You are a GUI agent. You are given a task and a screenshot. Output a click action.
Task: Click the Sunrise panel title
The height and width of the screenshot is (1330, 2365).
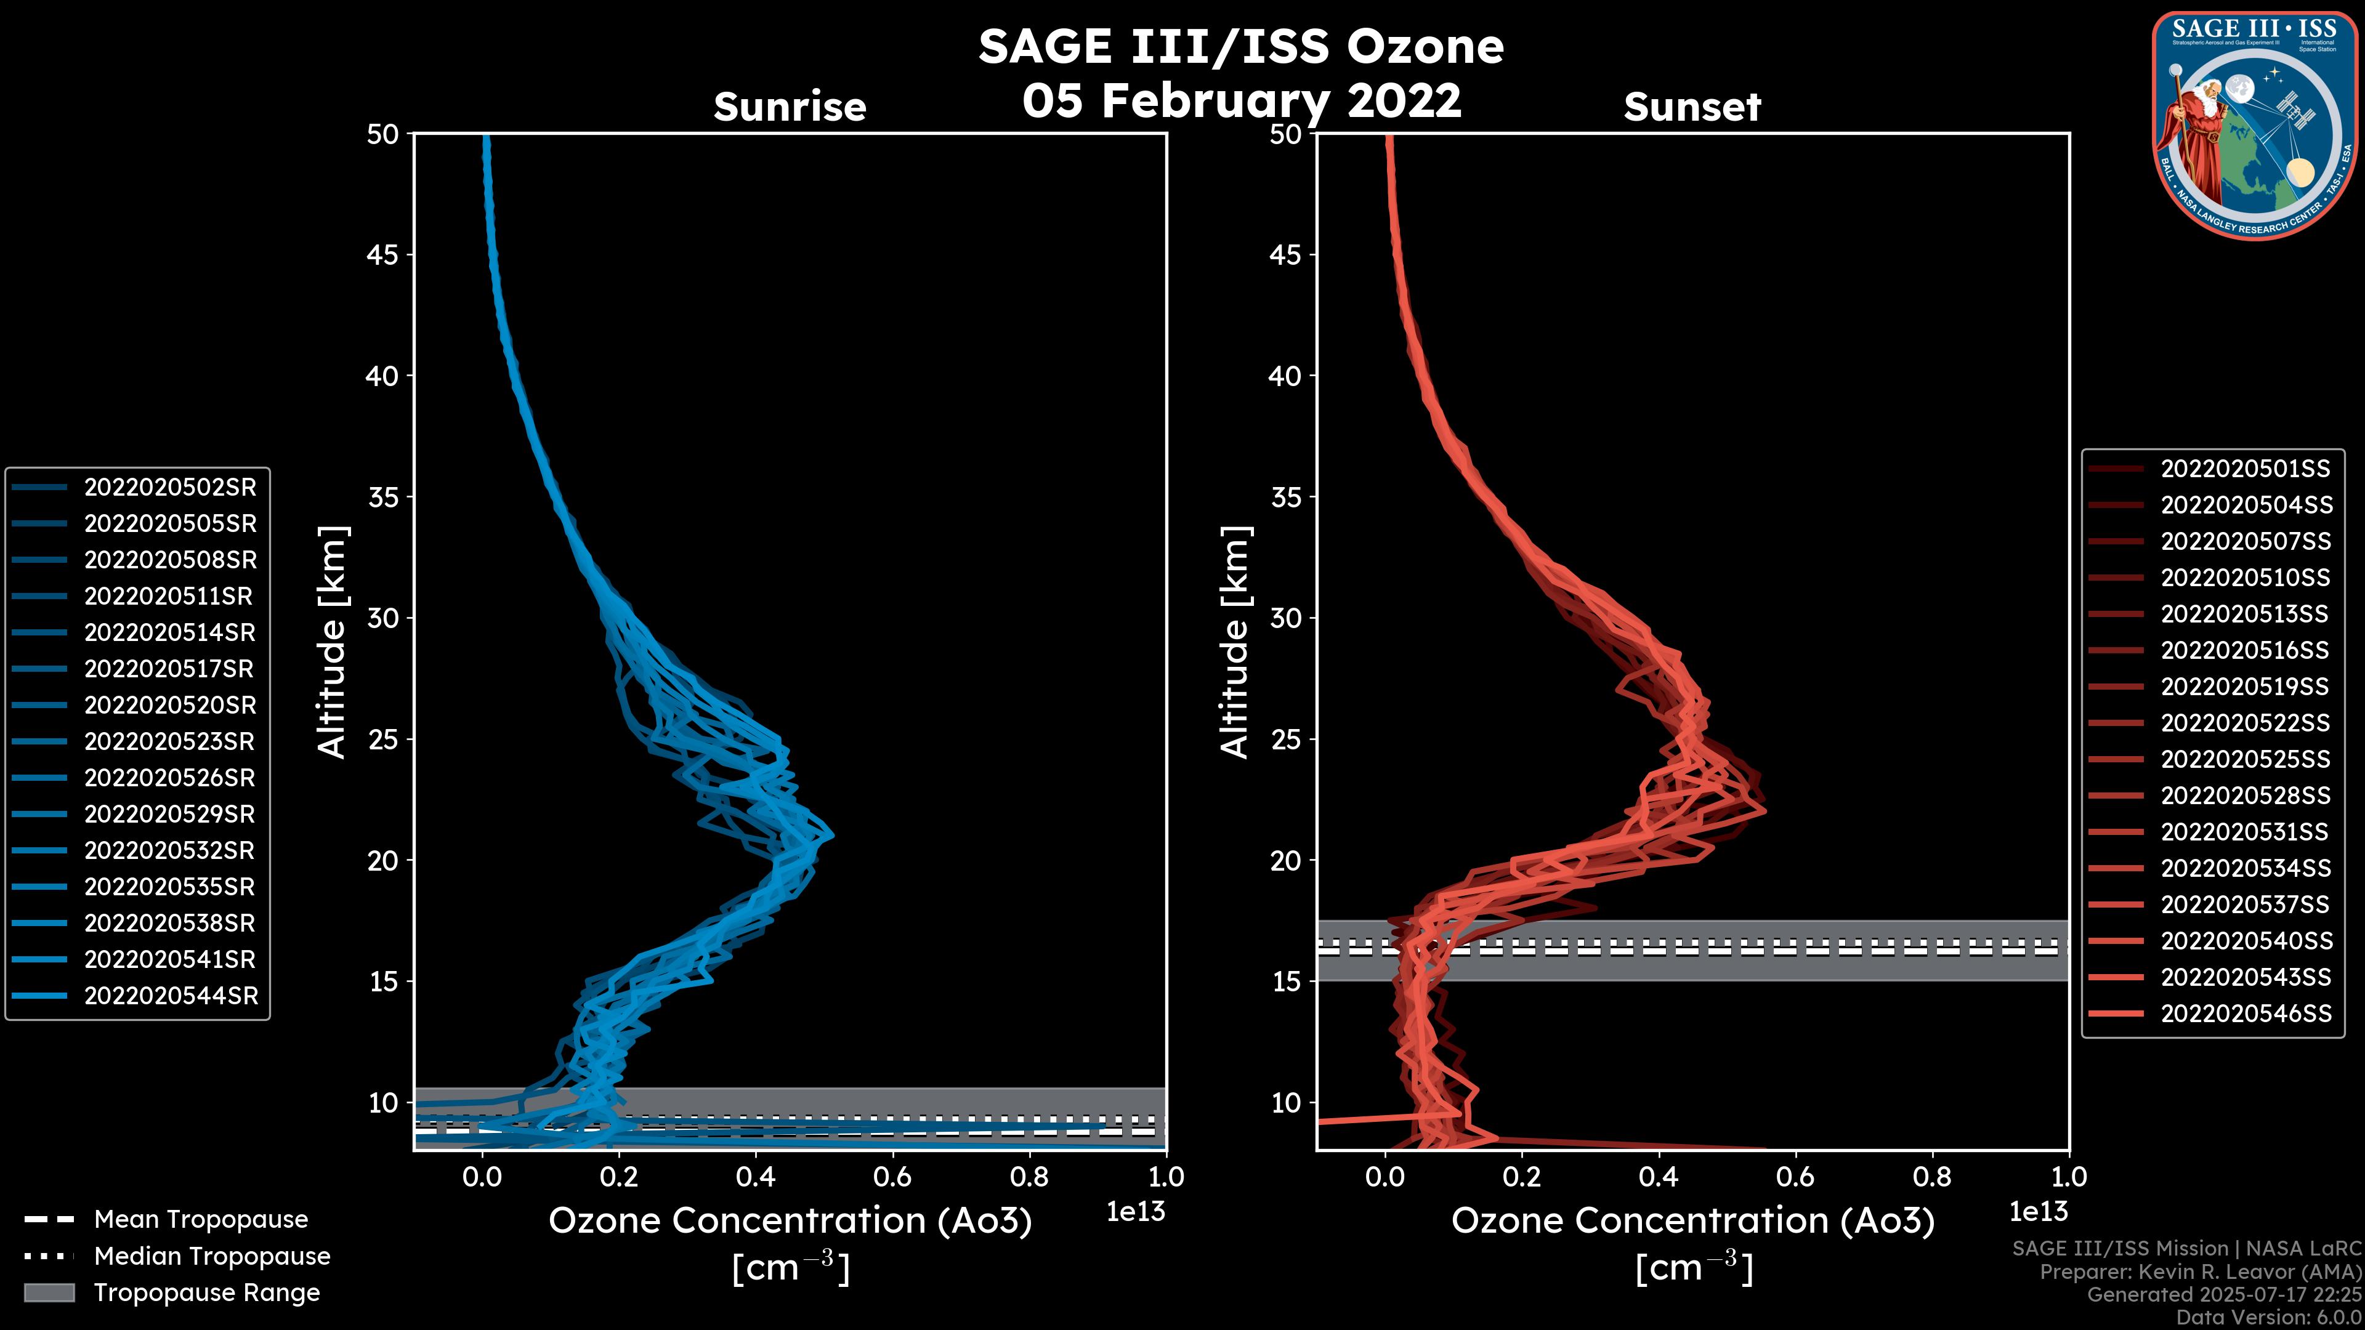790,107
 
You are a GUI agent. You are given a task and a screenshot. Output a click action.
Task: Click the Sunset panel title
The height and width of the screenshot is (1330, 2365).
1692,107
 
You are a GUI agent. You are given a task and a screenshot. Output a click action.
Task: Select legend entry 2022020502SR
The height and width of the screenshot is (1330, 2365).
170,488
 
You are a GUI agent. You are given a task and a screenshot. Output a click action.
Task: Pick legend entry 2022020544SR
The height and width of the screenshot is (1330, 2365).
171,996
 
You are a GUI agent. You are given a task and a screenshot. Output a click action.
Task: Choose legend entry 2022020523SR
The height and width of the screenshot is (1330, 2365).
170,741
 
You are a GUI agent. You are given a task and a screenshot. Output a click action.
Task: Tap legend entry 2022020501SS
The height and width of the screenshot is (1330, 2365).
2245,469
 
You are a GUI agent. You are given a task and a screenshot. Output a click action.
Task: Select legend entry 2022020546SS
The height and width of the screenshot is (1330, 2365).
2246,1014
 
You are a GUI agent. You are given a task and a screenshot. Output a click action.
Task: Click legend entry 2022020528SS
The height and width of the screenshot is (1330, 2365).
2245,796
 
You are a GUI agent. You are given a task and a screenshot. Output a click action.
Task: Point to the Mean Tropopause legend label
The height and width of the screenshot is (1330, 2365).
201,1220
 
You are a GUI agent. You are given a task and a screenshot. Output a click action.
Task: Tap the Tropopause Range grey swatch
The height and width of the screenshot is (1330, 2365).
49,1292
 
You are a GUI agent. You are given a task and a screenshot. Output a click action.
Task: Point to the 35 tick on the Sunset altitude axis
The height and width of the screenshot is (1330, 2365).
1285,496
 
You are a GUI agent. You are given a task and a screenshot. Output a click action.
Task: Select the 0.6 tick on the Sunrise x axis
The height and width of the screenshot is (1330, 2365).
891,1177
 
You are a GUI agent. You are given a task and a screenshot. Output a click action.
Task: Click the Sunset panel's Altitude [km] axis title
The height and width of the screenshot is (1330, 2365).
1235,642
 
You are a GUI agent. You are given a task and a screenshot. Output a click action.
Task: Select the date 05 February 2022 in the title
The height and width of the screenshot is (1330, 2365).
1241,100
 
